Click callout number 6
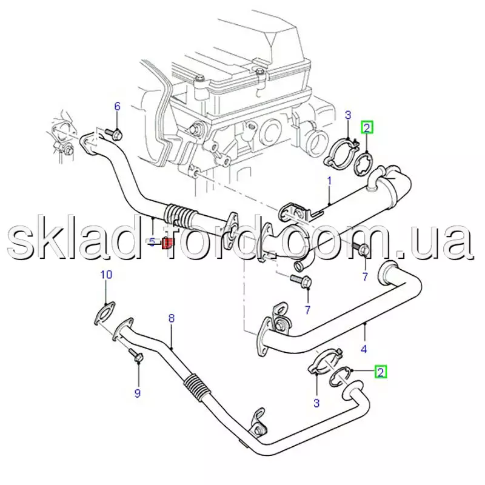117,107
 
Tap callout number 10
106,275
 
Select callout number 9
138,393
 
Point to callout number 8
172,318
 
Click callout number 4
364,349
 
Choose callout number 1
329,181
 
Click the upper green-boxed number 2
367,127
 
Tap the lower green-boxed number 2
381,372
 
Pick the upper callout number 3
348,115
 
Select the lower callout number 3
316,403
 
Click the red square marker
167,243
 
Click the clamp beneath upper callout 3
341,153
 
